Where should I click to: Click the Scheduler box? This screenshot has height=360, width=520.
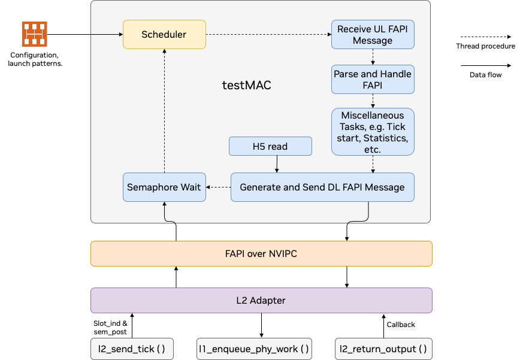click(x=164, y=35)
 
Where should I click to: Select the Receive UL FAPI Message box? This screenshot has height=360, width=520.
click(x=373, y=35)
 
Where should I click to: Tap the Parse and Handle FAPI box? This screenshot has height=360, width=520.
click(x=373, y=79)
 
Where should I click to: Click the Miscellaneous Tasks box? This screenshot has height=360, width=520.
click(x=373, y=132)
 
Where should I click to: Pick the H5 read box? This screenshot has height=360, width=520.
click(x=270, y=146)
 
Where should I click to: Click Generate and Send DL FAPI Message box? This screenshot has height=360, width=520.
click(x=322, y=187)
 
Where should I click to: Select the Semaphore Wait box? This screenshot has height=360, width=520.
click(x=164, y=187)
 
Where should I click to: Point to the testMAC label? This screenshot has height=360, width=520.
click(x=246, y=85)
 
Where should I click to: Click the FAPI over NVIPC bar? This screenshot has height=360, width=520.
click(x=261, y=253)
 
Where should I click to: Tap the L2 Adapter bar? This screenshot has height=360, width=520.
click(x=261, y=300)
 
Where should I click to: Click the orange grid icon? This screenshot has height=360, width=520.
click(x=35, y=34)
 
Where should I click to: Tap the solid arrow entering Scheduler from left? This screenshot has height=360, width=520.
click(x=107, y=35)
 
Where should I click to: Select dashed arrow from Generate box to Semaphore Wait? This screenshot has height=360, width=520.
click(x=219, y=187)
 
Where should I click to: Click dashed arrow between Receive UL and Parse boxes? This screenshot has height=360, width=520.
click(x=373, y=57)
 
